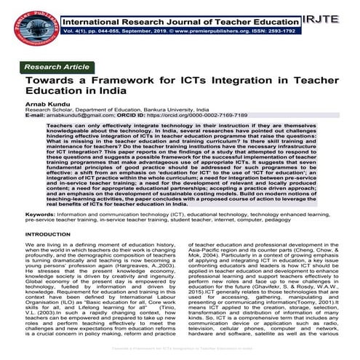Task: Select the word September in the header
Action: [x=136, y=33]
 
